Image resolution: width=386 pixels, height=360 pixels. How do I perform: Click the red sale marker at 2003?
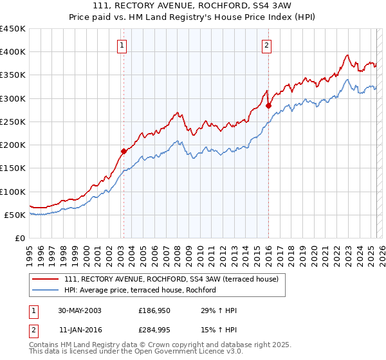124,151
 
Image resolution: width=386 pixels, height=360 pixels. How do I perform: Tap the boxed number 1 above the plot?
122,45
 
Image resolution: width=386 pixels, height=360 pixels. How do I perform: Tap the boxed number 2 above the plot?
266,45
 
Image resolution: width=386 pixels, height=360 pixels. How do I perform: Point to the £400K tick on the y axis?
13,52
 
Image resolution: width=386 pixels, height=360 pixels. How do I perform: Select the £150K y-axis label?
13,168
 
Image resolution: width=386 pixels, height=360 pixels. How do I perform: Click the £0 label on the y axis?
21,238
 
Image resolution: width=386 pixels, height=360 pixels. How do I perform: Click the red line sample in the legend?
46,279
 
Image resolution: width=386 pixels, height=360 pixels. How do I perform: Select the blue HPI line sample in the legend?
46,291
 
